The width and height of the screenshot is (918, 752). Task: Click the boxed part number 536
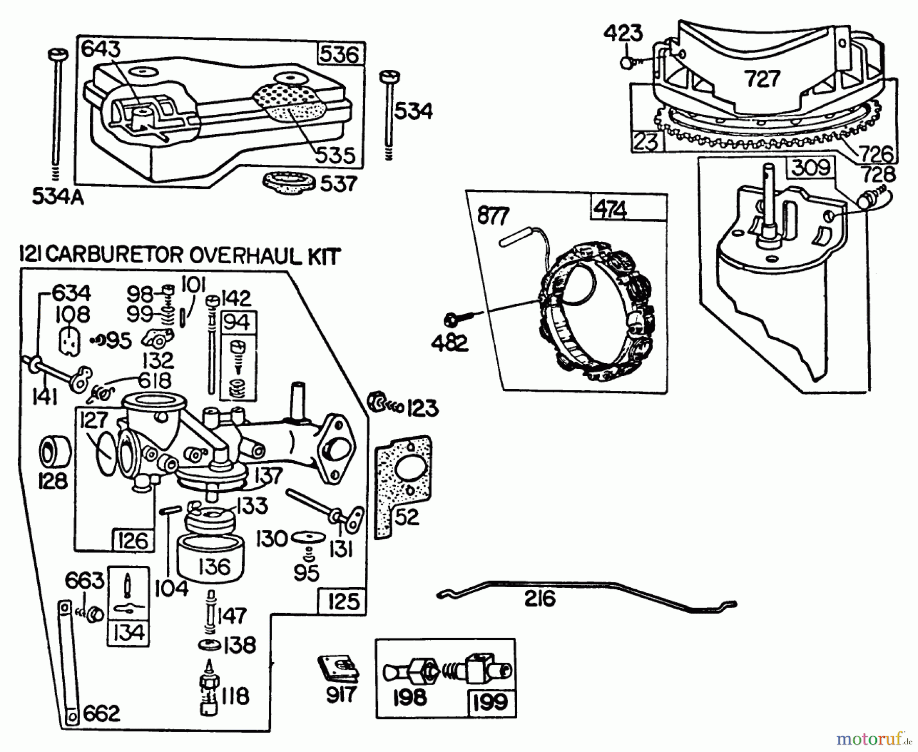tap(340, 54)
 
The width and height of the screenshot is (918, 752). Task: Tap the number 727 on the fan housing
tap(762, 79)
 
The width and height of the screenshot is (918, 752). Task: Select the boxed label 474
tap(610, 209)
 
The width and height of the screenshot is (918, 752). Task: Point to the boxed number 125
tap(343, 601)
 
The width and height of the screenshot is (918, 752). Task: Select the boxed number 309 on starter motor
tap(811, 167)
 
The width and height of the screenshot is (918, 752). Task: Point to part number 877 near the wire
tap(493, 216)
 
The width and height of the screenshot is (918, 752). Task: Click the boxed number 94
tap(237, 322)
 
